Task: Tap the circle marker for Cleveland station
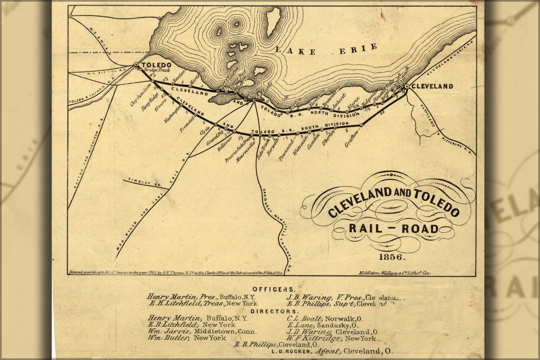point(406,86)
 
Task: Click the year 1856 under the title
point(392,257)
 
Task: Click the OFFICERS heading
point(274,289)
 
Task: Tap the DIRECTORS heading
point(275,311)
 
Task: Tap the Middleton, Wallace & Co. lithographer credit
point(394,272)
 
